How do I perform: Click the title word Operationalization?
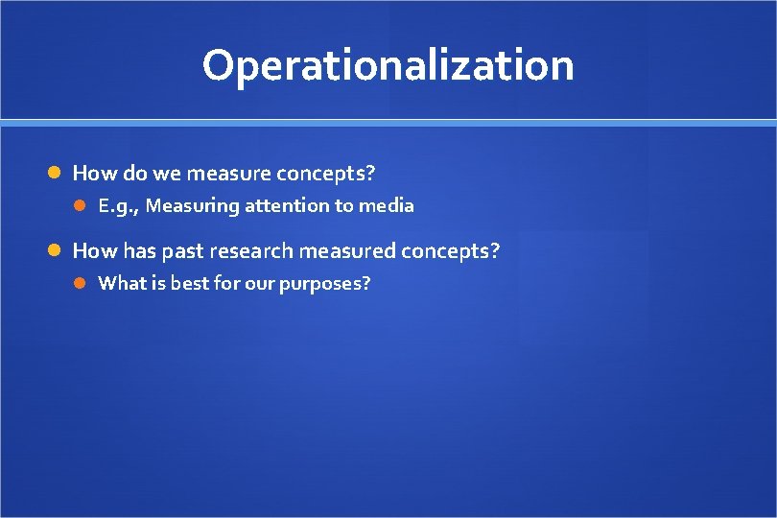pyautogui.click(x=388, y=65)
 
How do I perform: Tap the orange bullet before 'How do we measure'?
pyautogui.click(x=56, y=174)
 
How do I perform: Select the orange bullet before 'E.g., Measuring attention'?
pyautogui.click(x=82, y=205)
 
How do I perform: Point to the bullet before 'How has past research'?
pyautogui.click(x=56, y=251)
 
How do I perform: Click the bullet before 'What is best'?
pyautogui.click(x=82, y=283)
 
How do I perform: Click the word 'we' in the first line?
pyautogui.click(x=167, y=174)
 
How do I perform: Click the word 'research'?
pyautogui.click(x=251, y=251)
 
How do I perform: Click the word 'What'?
pyautogui.click(x=120, y=283)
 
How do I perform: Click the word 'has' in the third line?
pyautogui.click(x=139, y=251)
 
